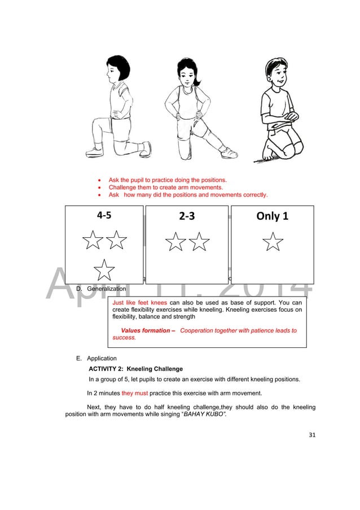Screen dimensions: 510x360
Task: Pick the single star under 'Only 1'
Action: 273,243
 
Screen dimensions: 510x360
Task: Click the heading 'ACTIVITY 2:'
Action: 106,369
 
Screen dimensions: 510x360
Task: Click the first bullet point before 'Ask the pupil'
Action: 100,181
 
